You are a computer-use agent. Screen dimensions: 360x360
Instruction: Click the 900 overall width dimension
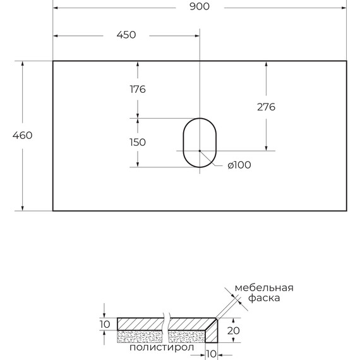(200, 6)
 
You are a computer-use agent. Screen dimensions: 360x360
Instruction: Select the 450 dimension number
(126, 35)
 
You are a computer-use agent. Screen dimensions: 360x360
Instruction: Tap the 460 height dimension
(22, 135)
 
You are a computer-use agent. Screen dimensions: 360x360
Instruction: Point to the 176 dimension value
(138, 89)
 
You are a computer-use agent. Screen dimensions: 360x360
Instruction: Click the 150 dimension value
(138, 142)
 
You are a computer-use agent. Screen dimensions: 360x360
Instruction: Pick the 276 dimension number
(266, 107)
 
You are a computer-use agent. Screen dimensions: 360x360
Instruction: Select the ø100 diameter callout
(239, 165)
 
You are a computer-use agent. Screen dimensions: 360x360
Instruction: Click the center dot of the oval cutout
(200, 151)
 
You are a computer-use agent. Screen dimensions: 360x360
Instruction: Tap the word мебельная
(264, 288)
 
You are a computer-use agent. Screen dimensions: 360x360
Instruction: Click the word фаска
(264, 298)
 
